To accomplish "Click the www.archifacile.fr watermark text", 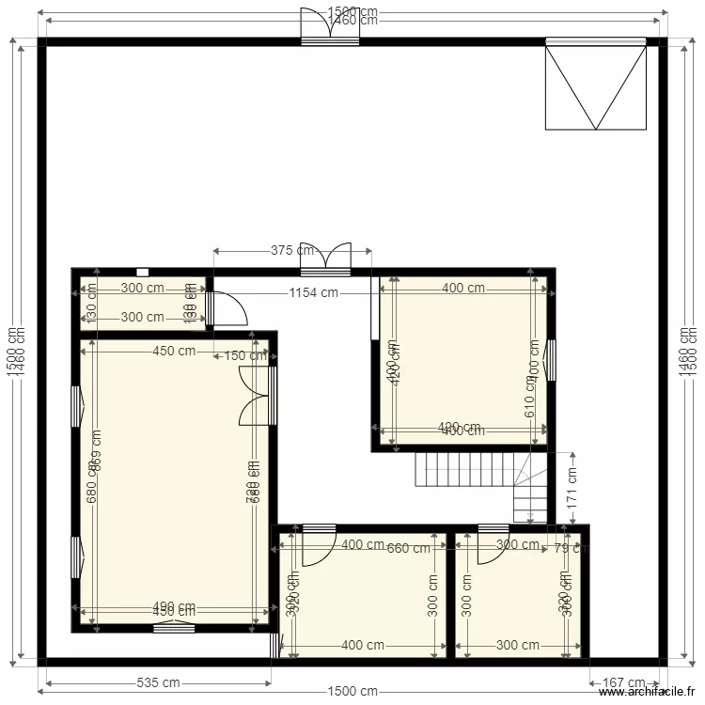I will [650, 695].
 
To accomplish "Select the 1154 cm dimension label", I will [314, 292].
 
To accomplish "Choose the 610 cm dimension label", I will [530, 404].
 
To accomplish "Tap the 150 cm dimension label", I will [244, 355].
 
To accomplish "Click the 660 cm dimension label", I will [409, 549].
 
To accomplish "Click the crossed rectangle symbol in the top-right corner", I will [596, 86].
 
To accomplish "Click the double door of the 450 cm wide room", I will [256, 396].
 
